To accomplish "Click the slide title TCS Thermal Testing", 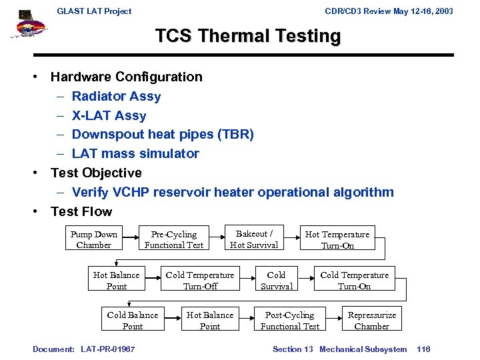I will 247,36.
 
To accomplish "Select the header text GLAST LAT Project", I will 94,11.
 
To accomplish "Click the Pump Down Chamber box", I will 94,239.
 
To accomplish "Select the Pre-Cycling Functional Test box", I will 174,239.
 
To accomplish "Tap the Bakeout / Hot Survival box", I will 254,239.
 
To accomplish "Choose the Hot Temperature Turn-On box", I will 337,239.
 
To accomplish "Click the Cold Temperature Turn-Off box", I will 200,280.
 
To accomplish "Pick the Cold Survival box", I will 276,280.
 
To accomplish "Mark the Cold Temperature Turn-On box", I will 354,280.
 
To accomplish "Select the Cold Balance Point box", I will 133,320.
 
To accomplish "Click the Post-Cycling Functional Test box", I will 289,320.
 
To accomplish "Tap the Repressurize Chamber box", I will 371,320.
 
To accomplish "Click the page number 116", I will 423,349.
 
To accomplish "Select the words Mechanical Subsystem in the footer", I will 363,349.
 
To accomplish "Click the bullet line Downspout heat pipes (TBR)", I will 163,135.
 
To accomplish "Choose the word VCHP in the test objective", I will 131,193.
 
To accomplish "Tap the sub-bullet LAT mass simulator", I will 135,154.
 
